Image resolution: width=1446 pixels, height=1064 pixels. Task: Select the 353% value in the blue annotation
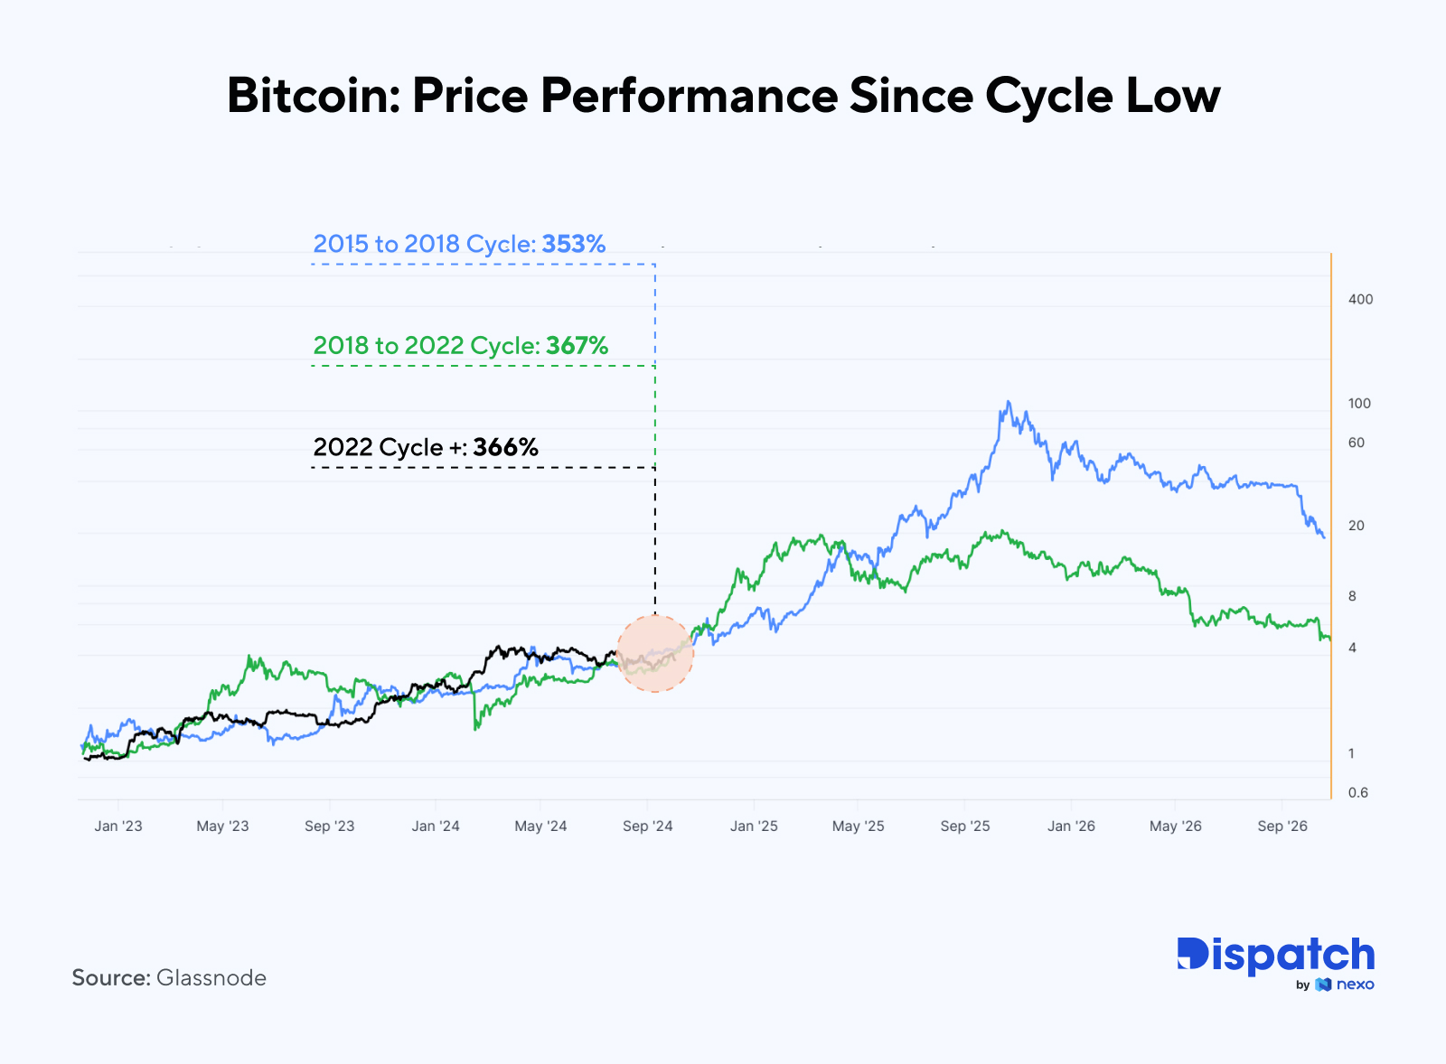(x=573, y=244)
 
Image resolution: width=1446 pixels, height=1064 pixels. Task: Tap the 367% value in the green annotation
(x=577, y=346)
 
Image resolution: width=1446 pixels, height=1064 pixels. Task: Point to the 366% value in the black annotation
(x=505, y=447)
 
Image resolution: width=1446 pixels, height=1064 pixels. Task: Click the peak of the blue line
(x=1008, y=403)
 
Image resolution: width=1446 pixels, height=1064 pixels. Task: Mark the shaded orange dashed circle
(x=654, y=654)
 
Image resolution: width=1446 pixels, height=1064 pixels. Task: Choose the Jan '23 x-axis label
(x=118, y=826)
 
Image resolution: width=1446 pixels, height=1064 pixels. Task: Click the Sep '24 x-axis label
(x=647, y=826)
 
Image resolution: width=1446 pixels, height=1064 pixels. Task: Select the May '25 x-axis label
(x=858, y=826)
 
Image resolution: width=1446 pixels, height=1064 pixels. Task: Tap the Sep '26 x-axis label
(x=1282, y=826)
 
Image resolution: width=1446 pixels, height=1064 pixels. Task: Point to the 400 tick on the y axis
(x=1359, y=300)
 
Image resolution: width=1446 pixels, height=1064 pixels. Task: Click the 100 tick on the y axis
(x=1359, y=404)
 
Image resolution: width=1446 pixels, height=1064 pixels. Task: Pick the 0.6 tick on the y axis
(x=1357, y=793)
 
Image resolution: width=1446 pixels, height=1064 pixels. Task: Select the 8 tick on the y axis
(x=1352, y=596)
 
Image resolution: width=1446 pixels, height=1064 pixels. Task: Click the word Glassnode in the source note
(x=211, y=978)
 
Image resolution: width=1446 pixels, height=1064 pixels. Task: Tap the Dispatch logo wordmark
(x=1275, y=956)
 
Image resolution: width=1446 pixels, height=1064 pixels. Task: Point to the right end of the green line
(x=1329, y=639)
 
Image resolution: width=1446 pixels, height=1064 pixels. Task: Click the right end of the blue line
(x=1324, y=537)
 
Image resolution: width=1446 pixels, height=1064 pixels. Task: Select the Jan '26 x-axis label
(x=1071, y=826)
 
